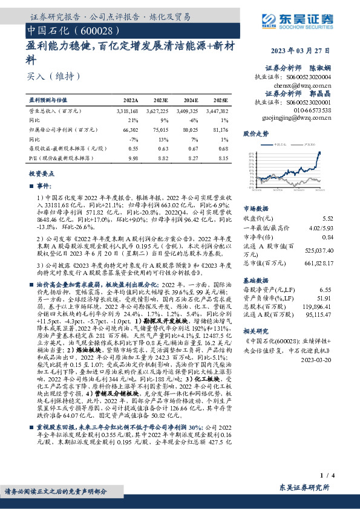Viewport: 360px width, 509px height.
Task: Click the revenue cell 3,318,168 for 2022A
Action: (126, 111)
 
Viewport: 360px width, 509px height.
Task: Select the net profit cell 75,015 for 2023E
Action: (161, 129)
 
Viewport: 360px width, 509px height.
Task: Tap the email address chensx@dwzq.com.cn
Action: (307, 85)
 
